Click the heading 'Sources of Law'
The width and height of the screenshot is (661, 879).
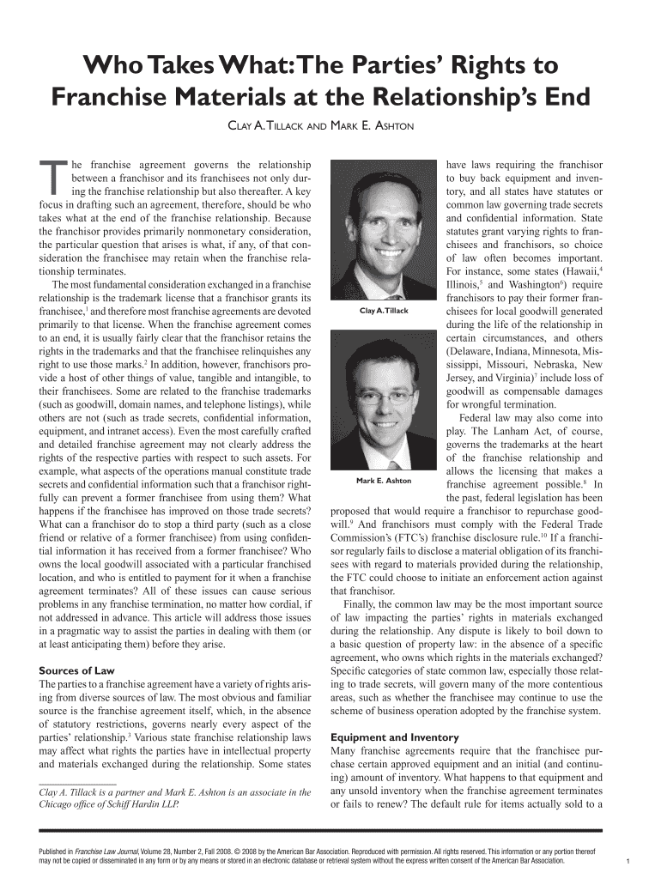coord(77,670)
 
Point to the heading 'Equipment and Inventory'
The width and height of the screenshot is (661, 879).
coord(395,737)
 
